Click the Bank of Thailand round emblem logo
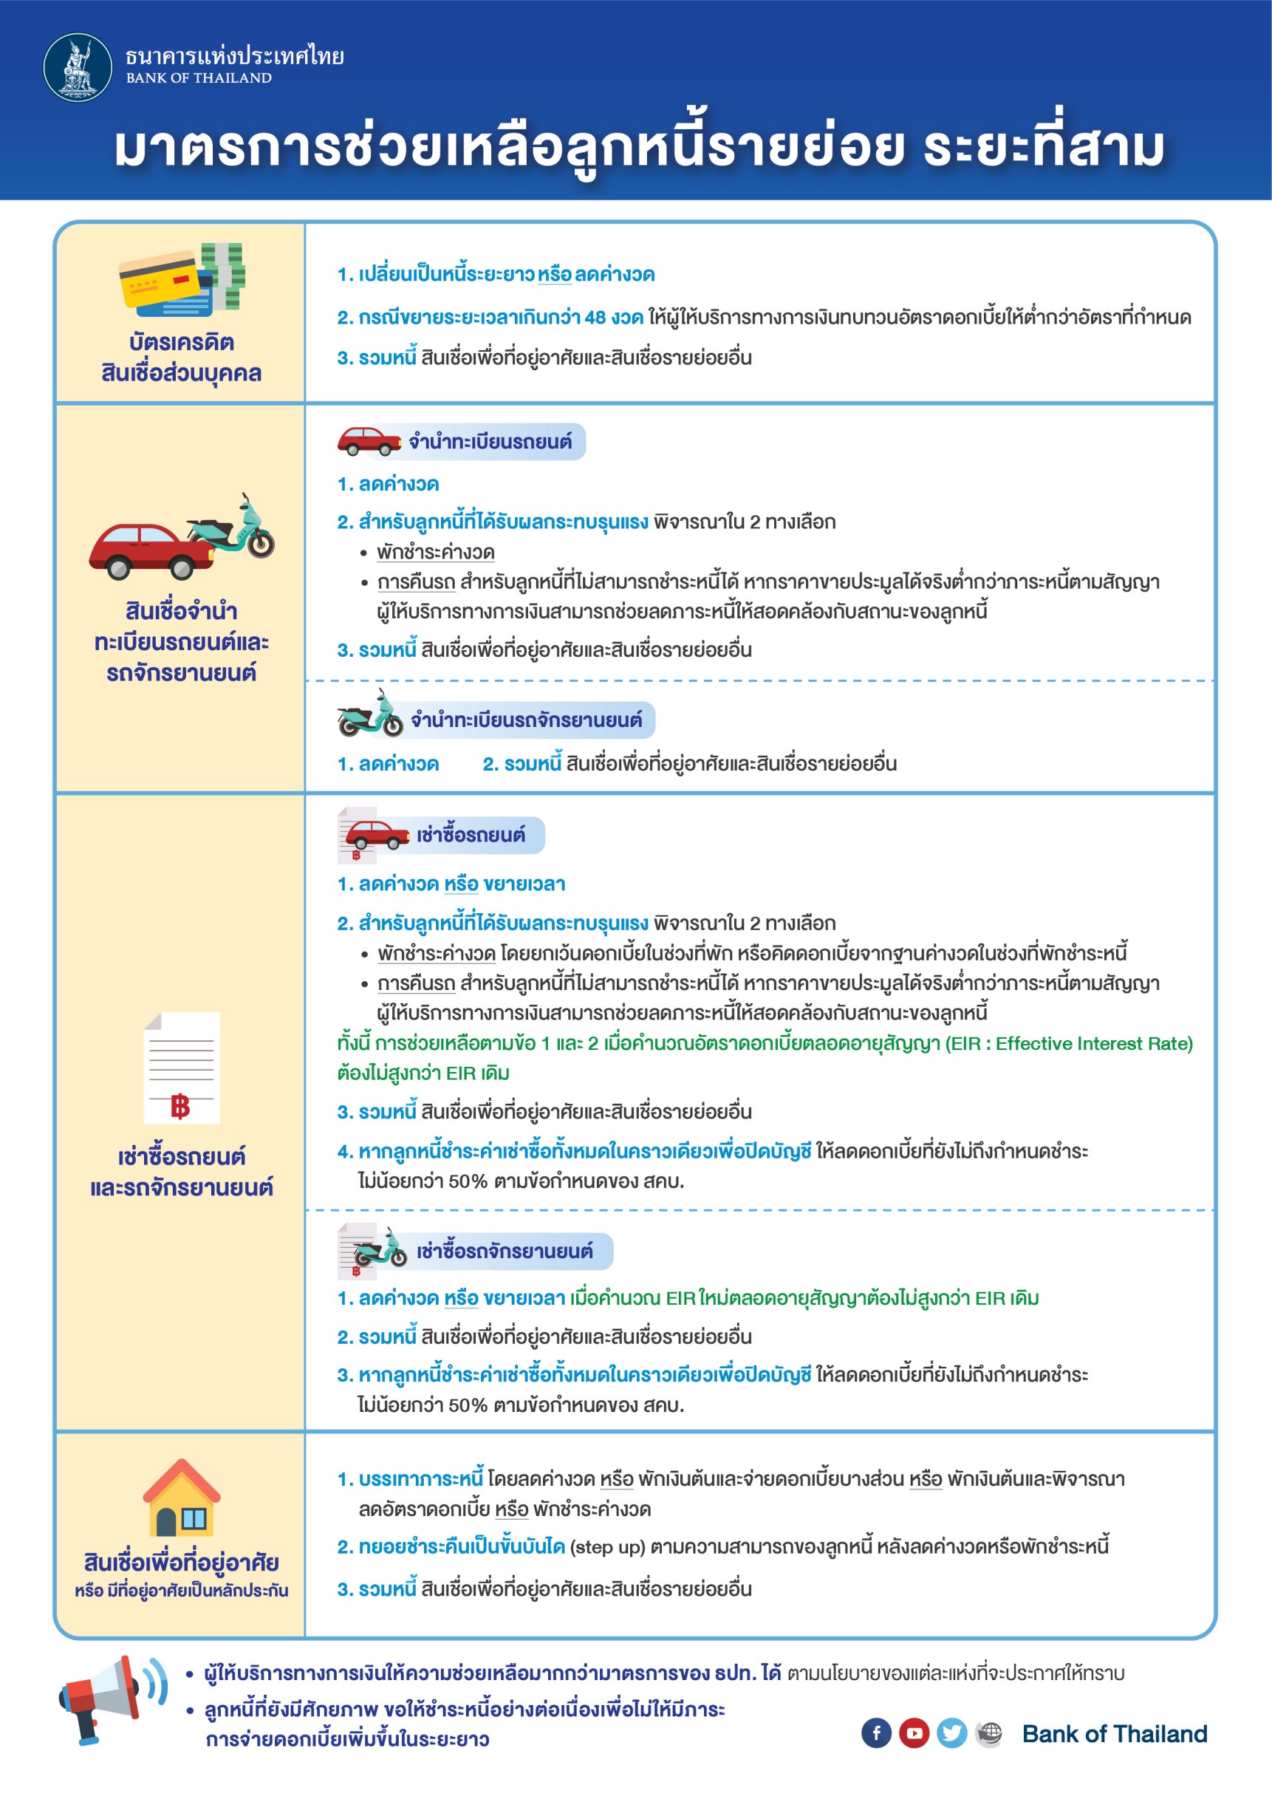point(77,67)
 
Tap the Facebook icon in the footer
point(877,1733)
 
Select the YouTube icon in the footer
point(914,1733)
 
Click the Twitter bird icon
point(951,1733)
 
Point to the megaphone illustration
point(109,1699)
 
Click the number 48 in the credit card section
point(595,318)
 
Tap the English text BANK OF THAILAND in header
point(199,78)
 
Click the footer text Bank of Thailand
point(1115,1733)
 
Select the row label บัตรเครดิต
point(182,342)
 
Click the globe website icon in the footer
point(989,1733)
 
